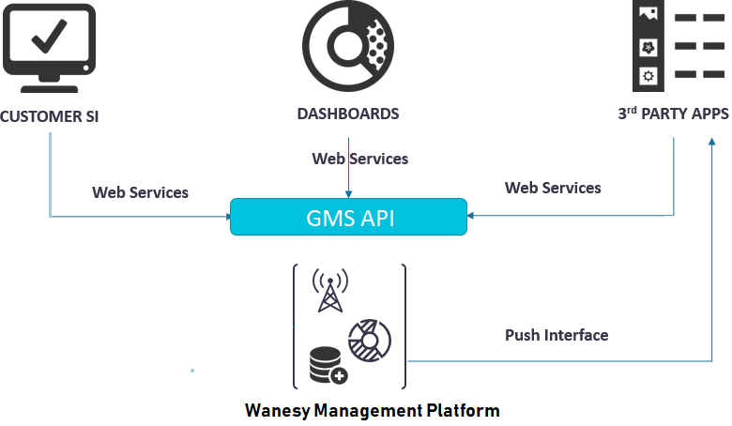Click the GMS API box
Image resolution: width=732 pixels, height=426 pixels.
348,217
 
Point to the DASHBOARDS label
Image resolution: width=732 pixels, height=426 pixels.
348,114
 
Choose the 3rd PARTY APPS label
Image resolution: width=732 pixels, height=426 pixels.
673,114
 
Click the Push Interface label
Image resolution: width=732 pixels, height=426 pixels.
557,335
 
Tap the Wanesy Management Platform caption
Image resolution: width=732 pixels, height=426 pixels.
372,410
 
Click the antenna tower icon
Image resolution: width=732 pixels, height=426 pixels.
329,291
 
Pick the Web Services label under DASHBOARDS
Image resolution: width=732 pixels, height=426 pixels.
360,159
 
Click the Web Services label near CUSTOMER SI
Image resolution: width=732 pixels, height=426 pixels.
140,192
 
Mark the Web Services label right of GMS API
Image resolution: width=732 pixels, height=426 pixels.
553,188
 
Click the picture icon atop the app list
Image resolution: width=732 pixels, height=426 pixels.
647,15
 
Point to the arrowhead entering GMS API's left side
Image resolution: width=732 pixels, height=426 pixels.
226,217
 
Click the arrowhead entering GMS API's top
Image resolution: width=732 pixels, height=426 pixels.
348,194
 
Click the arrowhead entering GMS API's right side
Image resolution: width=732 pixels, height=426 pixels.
471,217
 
